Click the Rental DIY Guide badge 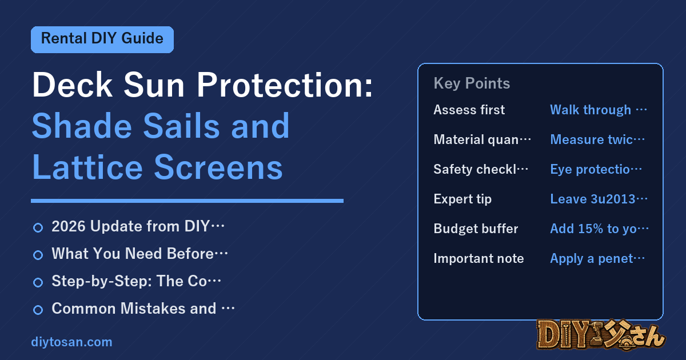[102, 39]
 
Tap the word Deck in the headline [72, 85]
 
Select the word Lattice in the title [87, 167]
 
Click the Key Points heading [472, 83]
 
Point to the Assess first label [469, 110]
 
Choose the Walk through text [599, 110]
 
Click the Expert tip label [462, 199]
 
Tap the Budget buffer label [476, 229]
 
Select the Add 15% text [599, 229]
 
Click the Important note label [478, 258]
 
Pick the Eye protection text [596, 169]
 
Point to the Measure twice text [597, 139]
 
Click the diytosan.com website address [71, 342]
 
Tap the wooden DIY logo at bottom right [601, 334]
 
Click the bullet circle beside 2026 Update [38, 228]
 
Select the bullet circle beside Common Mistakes [38, 310]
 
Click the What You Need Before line [139, 254]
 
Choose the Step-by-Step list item [136, 281]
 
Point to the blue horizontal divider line [187, 201]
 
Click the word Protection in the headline [285, 85]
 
